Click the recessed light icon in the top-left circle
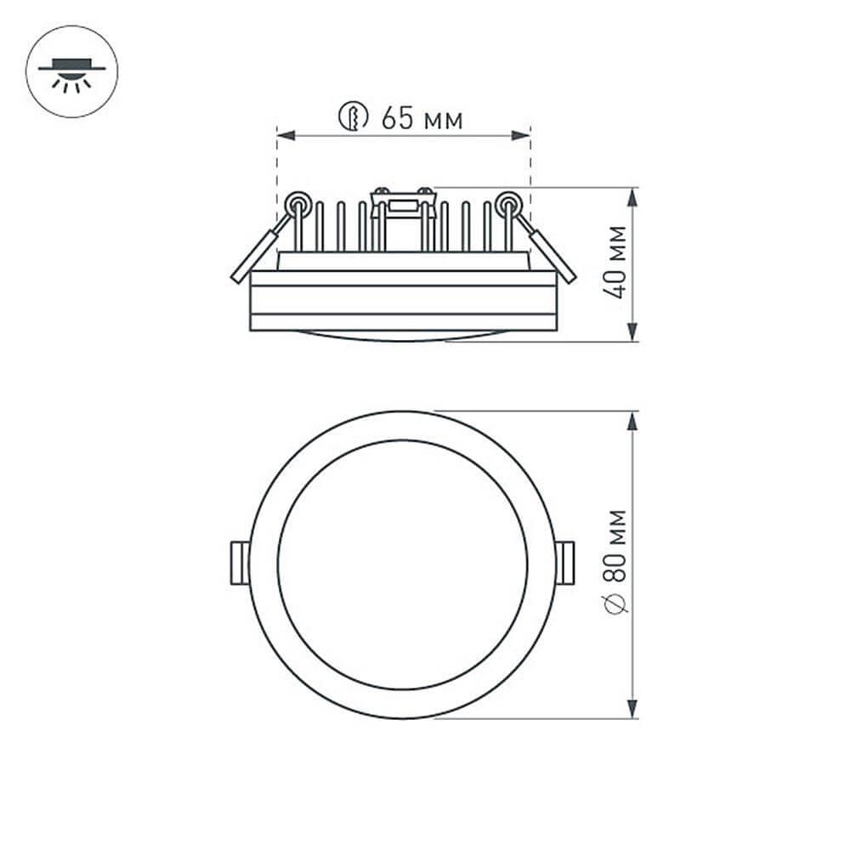tap(72, 71)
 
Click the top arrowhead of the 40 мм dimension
tap(632, 196)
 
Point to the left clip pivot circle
tap(297, 203)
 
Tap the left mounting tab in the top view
tap(240, 564)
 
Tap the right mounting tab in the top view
tap(565, 564)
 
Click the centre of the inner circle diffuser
tap(403, 564)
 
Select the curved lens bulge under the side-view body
tap(403, 335)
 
